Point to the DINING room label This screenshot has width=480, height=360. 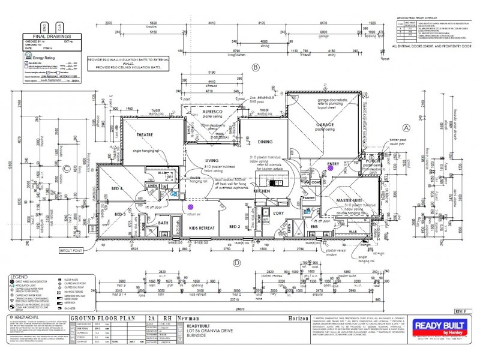(265, 142)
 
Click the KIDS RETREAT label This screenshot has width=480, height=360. (203, 229)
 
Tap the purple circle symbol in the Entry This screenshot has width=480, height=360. (330, 169)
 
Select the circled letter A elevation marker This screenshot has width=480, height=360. (405, 128)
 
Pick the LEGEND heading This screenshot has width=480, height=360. (19, 277)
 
